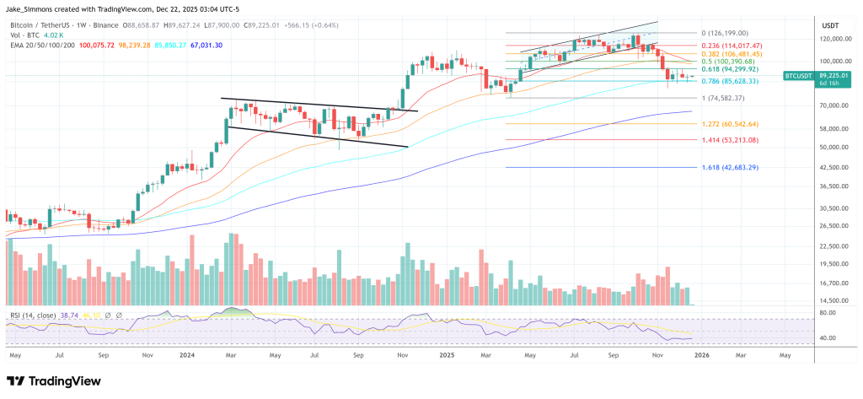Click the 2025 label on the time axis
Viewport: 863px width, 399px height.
click(x=446, y=356)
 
